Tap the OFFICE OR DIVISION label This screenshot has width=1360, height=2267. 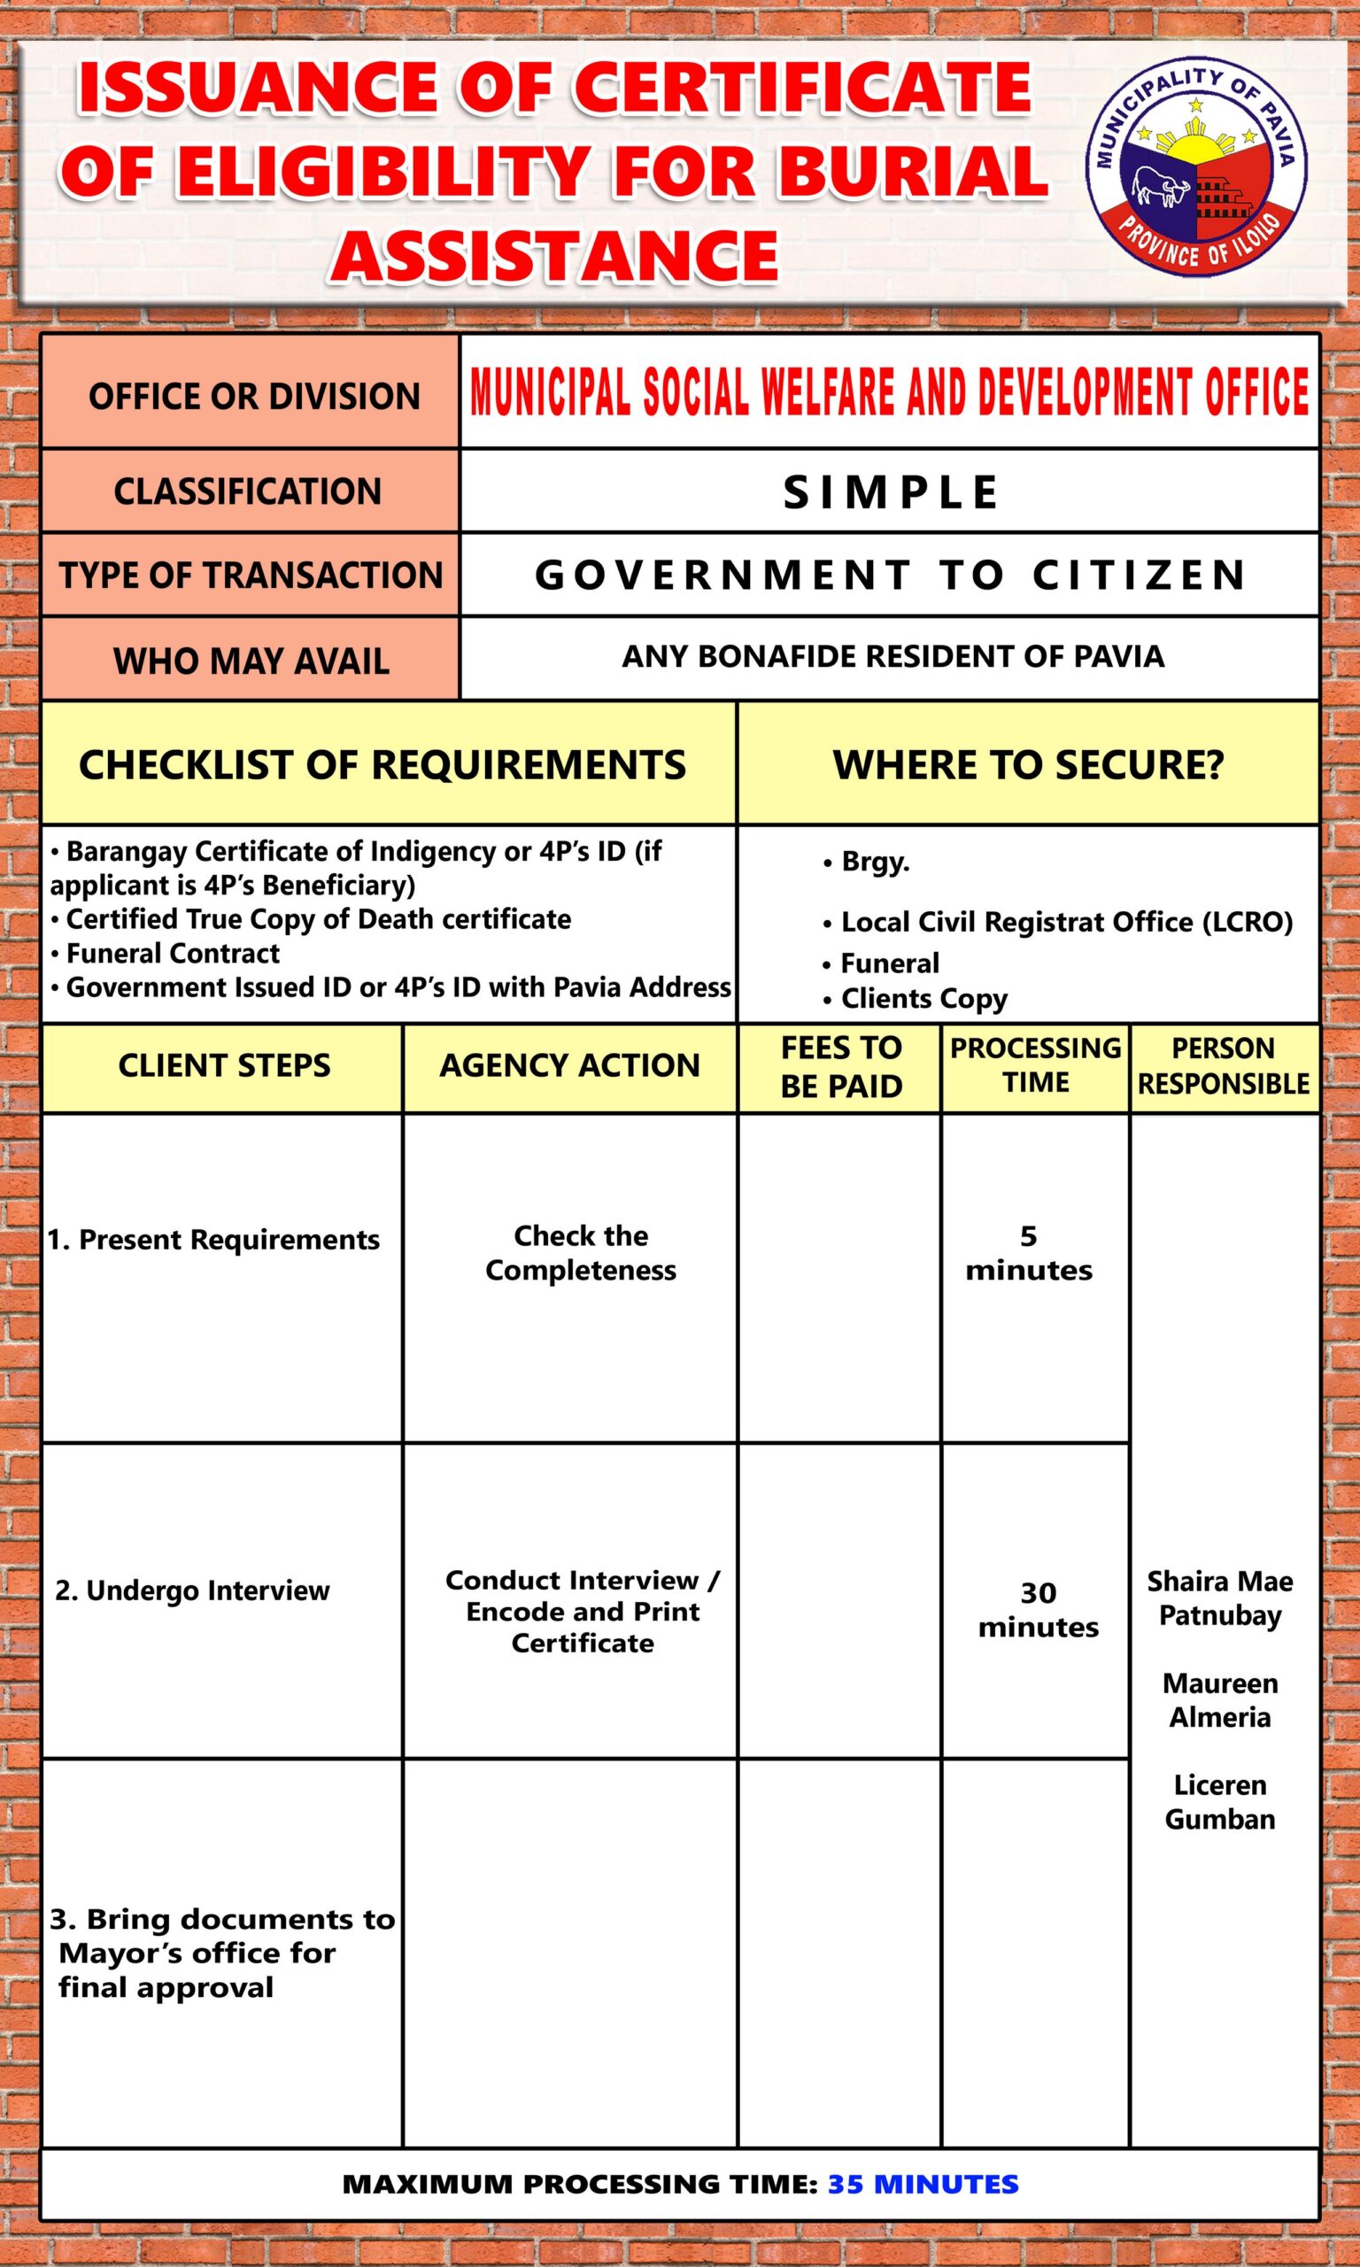pyautogui.click(x=254, y=396)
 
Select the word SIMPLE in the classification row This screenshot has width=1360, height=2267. pyautogui.click(x=890, y=492)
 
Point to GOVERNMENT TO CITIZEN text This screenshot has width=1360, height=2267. pyautogui.click(x=890, y=576)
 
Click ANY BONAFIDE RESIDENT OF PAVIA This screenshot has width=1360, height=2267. pyautogui.click(x=892, y=656)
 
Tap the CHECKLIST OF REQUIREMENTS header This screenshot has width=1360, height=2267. pyautogui.click(x=382, y=764)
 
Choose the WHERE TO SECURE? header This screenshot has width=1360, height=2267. pyautogui.click(x=1027, y=764)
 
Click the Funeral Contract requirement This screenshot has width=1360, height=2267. pyautogui.click(x=173, y=953)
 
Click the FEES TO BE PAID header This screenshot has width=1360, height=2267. pyautogui.click(x=840, y=1066)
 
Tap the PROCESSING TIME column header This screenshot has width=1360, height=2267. pyautogui.click(x=1036, y=1064)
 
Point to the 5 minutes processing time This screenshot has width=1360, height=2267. pyautogui.click(x=1028, y=1253)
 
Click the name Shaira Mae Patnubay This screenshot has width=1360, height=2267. pyautogui.click(x=1220, y=1598)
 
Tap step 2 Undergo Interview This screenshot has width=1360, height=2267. pyautogui.click(x=192, y=1590)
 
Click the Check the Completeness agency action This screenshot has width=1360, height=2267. pyautogui.click(x=581, y=1253)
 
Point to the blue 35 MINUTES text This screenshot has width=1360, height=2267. pyautogui.click(x=922, y=2184)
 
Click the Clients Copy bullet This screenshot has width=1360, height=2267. pyautogui.click(x=923, y=998)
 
